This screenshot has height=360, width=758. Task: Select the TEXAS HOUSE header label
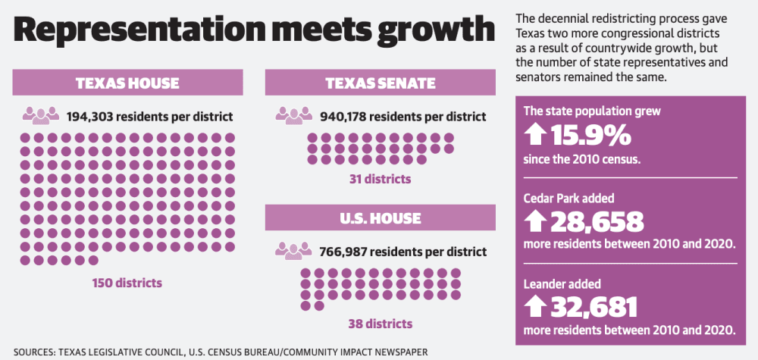pos(127,83)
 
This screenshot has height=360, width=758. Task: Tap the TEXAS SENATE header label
pos(381,83)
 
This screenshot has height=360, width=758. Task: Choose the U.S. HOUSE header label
pos(381,218)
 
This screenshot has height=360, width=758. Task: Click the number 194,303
pos(89,117)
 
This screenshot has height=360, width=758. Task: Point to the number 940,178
pos(343,117)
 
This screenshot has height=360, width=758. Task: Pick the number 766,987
pos(342,252)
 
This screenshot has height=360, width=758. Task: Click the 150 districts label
pos(127,283)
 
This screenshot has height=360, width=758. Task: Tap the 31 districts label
pos(380,180)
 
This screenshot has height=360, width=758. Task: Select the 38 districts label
pos(381,324)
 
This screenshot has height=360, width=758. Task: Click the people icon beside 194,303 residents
pos(41,116)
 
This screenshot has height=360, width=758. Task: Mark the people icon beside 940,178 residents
pos(294,116)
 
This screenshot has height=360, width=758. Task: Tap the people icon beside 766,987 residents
pos(293,251)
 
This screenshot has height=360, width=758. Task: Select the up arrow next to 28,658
pos(535,222)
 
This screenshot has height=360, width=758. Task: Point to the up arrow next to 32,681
pos(535,308)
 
